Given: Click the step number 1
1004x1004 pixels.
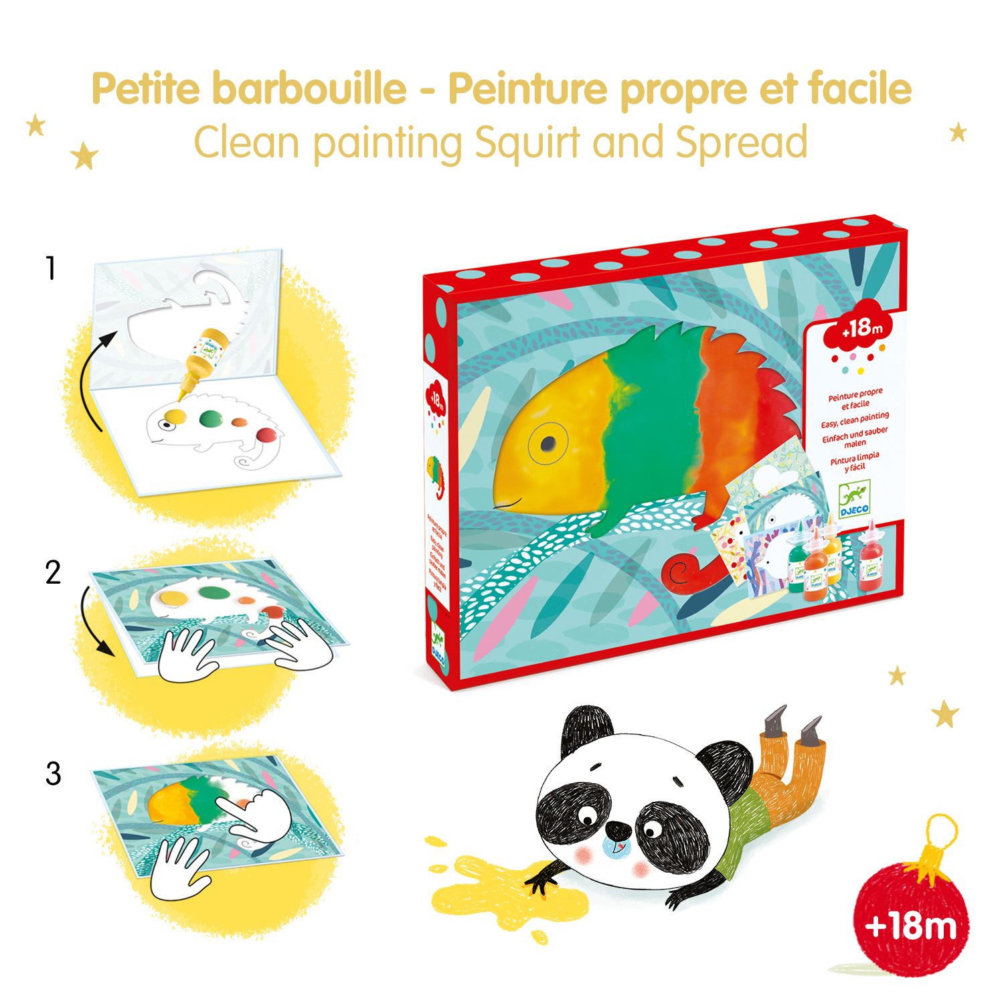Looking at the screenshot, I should (51, 269).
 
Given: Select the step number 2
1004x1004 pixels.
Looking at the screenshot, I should (53, 573).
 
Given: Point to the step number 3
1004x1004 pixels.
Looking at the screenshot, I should (53, 774).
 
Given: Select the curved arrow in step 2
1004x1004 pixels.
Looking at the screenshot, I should (92, 619).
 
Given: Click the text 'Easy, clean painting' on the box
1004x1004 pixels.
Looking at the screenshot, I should (855, 420).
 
